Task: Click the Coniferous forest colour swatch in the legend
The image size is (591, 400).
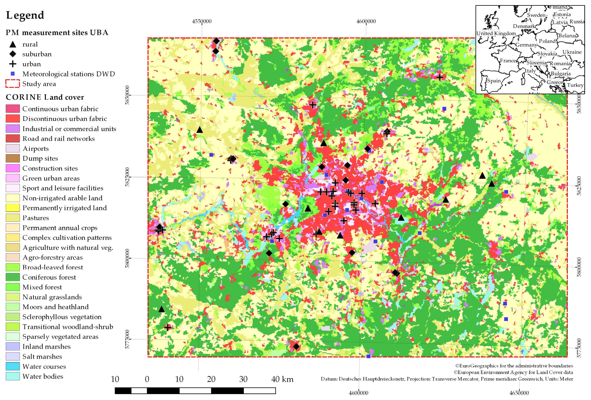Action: (x=13, y=277)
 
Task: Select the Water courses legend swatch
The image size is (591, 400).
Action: (x=13, y=366)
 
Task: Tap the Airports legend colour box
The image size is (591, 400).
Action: (x=13, y=148)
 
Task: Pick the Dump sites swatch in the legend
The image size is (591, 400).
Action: (x=13, y=158)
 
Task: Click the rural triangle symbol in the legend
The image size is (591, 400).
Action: (x=13, y=44)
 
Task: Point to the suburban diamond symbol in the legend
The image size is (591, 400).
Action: (x=13, y=54)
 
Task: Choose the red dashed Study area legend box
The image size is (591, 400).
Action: (x=13, y=84)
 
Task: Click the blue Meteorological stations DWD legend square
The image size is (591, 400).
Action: (x=13, y=74)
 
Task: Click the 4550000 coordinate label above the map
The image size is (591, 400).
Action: (x=202, y=21)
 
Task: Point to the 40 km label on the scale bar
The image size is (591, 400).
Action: (x=282, y=379)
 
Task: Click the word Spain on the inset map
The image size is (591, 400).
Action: (x=494, y=81)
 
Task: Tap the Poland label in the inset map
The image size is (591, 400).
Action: (x=547, y=41)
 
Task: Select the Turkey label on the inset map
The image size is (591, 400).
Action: (x=575, y=85)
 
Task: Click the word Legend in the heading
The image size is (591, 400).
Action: (x=25, y=15)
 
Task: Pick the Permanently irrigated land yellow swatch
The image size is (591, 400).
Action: (x=13, y=208)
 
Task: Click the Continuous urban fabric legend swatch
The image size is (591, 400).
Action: (x=13, y=109)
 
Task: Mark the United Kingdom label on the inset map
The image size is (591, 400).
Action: (x=496, y=33)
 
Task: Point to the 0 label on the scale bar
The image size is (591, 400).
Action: (x=147, y=379)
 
